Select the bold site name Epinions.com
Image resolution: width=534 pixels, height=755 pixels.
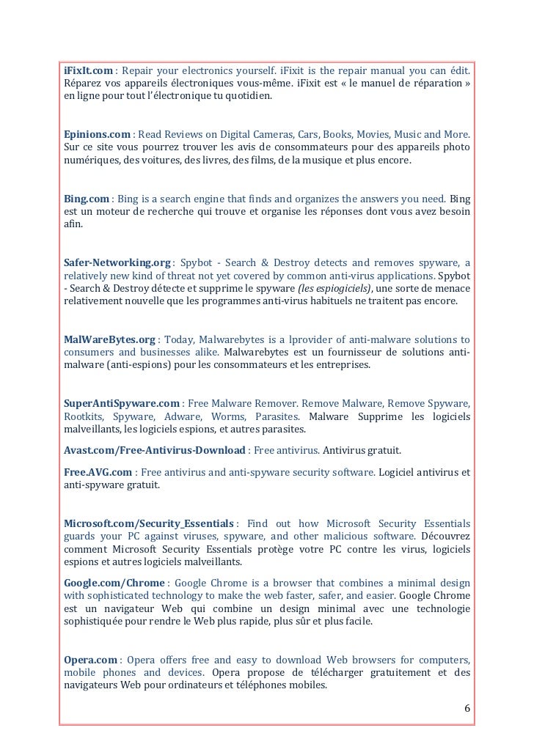click(x=96, y=135)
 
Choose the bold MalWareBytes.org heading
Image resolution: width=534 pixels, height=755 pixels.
click(x=109, y=339)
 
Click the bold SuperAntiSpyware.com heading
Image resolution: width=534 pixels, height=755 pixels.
click(x=122, y=403)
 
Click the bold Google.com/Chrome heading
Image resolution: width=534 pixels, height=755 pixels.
click(x=114, y=582)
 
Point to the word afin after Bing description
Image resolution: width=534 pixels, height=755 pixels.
click(x=73, y=224)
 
